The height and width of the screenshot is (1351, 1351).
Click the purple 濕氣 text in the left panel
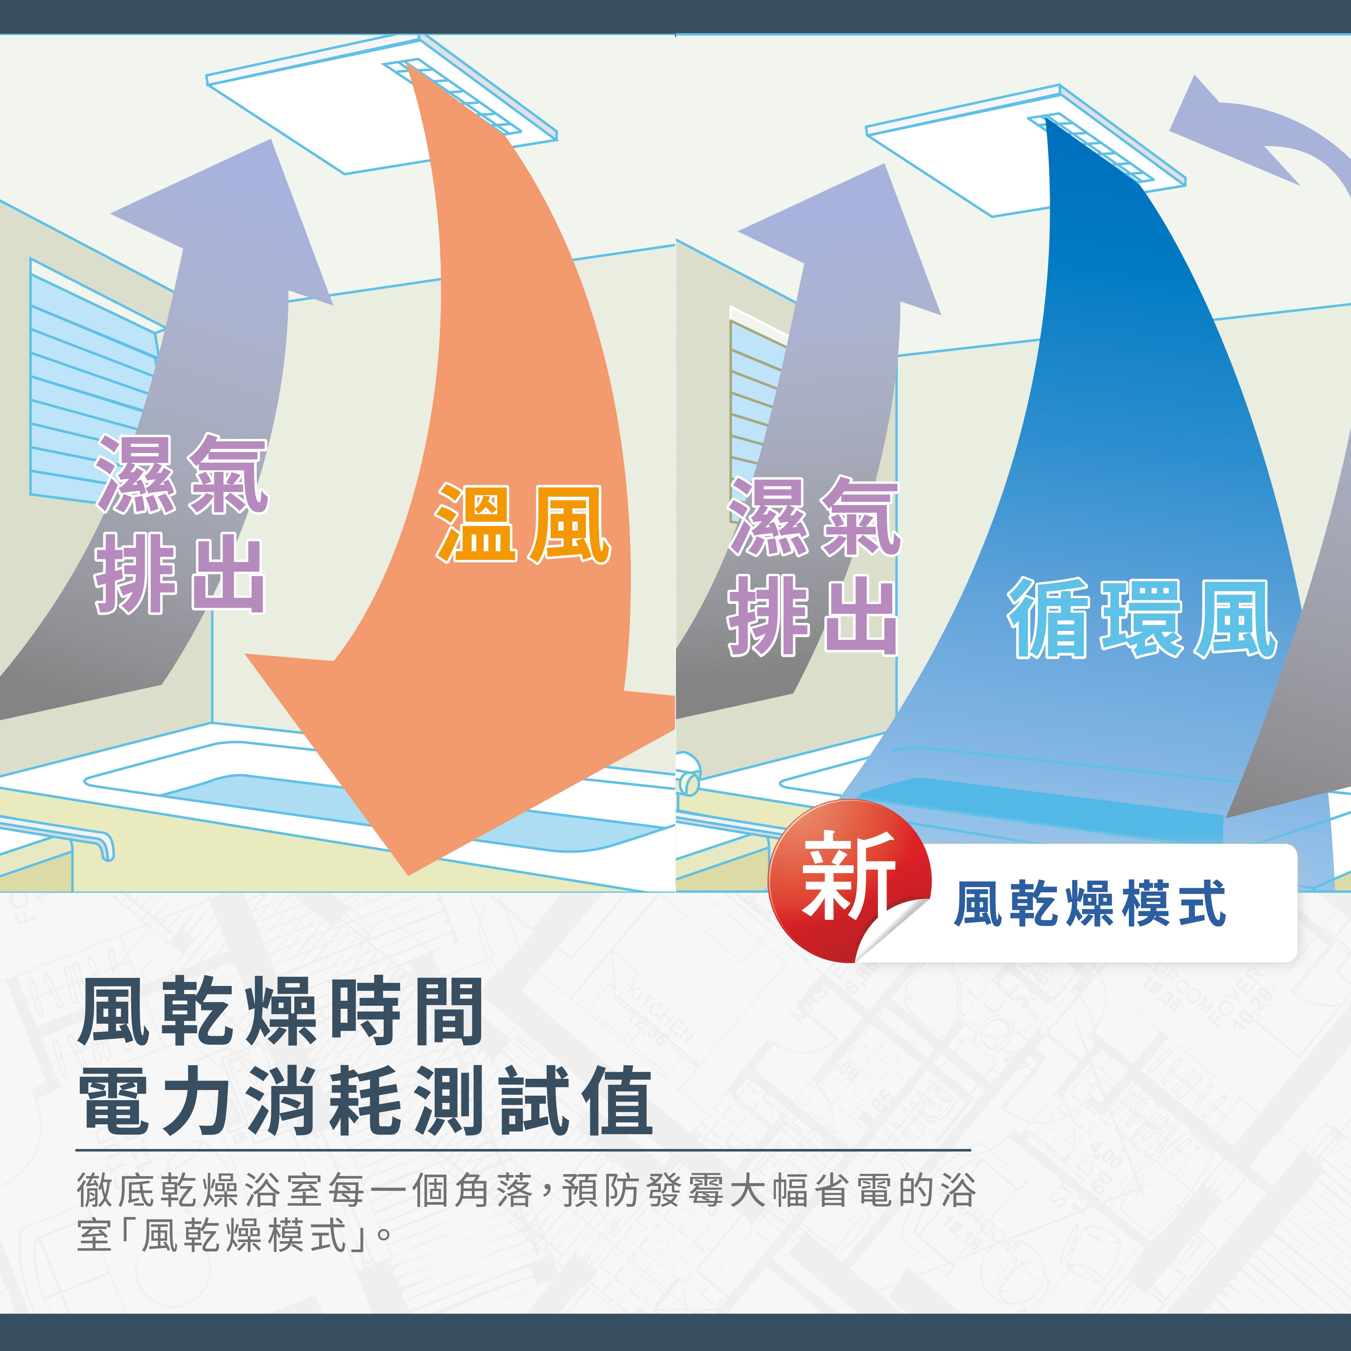coord(182,474)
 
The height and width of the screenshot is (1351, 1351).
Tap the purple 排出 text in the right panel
coord(813,615)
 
